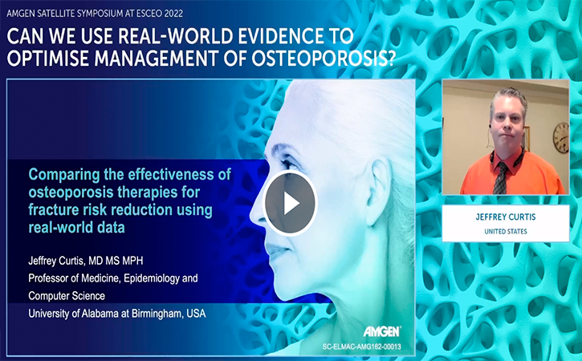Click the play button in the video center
pyautogui.click(x=290, y=203)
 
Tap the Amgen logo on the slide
pyautogui.click(x=381, y=331)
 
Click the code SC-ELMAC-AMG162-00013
pyautogui.click(x=361, y=347)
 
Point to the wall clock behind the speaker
pyautogui.click(x=560, y=137)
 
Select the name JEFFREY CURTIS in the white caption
pyautogui.click(x=506, y=217)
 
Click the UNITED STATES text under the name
pyautogui.click(x=506, y=232)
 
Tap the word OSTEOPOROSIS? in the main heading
pyautogui.click(x=323, y=59)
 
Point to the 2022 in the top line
pyautogui.click(x=173, y=14)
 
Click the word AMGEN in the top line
pyautogui.click(x=19, y=14)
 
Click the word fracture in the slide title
pyautogui.click(x=54, y=210)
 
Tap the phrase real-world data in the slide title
pyautogui.click(x=76, y=228)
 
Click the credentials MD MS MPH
pyautogui.click(x=116, y=261)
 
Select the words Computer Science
pyautogui.click(x=67, y=296)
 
